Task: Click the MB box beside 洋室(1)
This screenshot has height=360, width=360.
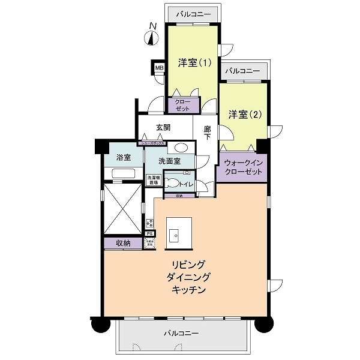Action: [x=159, y=68]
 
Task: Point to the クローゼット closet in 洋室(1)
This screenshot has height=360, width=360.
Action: [x=182, y=105]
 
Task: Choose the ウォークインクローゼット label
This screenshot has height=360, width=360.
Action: [x=244, y=167]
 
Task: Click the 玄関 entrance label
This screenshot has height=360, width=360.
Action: [x=164, y=127]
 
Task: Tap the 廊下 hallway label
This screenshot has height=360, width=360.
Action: [x=207, y=133]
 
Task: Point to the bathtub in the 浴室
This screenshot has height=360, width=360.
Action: [x=123, y=175]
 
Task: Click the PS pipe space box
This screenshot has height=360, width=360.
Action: [x=149, y=233]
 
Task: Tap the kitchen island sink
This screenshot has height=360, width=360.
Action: [x=176, y=235]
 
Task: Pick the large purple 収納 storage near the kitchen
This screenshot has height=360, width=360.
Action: [x=123, y=243]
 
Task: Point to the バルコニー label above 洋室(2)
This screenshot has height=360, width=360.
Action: [x=242, y=71]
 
